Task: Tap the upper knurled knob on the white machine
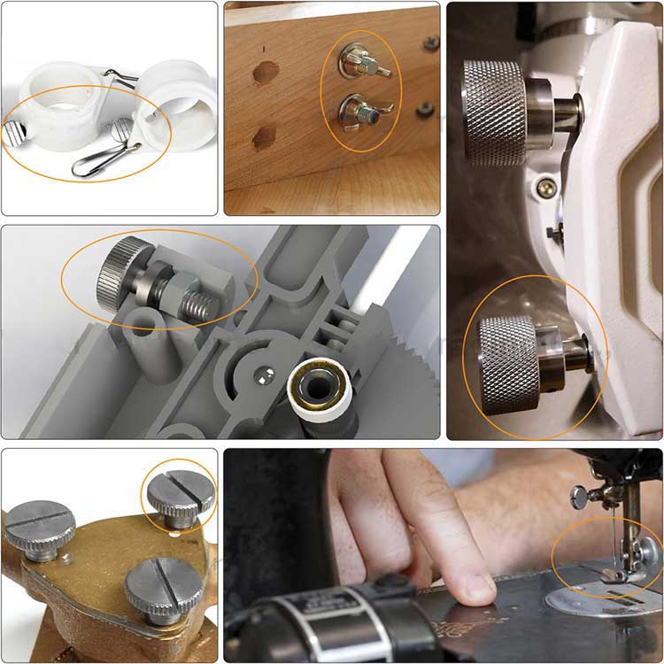[496, 113]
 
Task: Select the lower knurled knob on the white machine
[508, 364]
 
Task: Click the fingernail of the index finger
[478, 587]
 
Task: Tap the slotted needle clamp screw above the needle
[579, 497]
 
